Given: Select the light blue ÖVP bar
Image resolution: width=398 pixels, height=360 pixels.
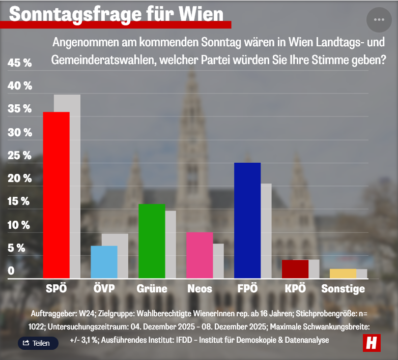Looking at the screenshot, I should pos(104,262).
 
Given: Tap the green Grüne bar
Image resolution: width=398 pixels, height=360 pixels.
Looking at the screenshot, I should pos(152,241).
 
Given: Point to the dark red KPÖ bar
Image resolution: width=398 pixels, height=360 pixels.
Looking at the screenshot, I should pos(295,269).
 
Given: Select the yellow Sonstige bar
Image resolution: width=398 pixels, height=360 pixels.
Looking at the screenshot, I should pos(343,274).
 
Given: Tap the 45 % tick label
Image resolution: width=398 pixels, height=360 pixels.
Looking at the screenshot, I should pos(20,63).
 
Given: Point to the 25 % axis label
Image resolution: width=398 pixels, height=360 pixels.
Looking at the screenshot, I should pos(20,156).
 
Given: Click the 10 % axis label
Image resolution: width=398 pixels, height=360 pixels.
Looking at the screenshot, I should pos(20,225).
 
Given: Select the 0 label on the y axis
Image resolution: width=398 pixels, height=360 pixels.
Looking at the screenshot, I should pos(11,271).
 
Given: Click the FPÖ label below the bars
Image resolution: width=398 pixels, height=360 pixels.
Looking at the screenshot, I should pos(247,289).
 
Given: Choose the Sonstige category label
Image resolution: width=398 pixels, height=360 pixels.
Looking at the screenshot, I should pos(343,289).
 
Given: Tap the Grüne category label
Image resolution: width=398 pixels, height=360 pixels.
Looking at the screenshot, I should pos(152,289).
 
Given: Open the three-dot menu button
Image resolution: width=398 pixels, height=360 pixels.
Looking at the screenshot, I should pos(379,19).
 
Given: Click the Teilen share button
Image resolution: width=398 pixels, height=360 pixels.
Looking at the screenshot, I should pos(38,343).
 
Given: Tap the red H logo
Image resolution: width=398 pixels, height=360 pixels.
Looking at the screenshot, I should pos(372,343).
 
